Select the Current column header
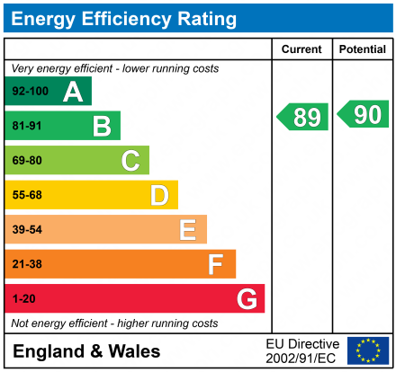tap(301, 49)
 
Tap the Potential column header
tap(363, 49)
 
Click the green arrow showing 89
tap(302, 117)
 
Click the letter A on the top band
tap(73, 91)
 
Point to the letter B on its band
tap(102, 126)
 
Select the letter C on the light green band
tap(130, 161)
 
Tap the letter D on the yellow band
tap(159, 195)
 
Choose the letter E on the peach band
tap(187, 230)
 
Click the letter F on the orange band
tap(216, 264)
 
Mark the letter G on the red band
tap(246, 298)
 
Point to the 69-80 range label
tap(27, 161)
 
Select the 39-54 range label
tap(27, 230)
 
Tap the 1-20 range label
tap(23, 298)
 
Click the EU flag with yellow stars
tap(367, 350)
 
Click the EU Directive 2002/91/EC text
tap(302, 350)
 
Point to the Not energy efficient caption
tap(113, 323)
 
